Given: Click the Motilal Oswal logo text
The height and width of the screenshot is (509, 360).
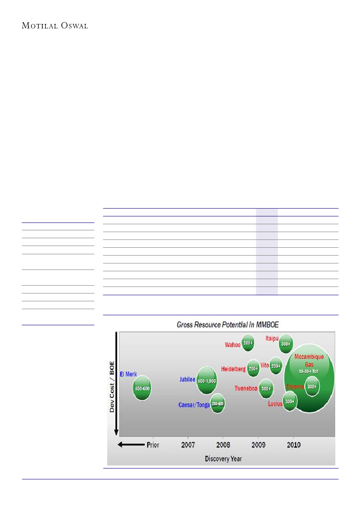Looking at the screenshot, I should (x=55, y=26).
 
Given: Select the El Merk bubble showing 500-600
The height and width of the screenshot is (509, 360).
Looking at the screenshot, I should (x=142, y=388).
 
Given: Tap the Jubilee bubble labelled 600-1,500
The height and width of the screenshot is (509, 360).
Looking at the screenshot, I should (x=207, y=380).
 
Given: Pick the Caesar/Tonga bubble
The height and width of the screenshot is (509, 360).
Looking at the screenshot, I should (x=217, y=404).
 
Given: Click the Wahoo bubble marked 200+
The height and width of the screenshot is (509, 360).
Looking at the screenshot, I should (x=248, y=343).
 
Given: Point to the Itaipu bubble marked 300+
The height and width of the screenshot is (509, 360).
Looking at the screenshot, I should (x=285, y=344).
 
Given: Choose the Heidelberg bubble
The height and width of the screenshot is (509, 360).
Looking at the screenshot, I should (x=253, y=368).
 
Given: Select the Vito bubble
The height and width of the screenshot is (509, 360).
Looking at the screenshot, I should (x=276, y=366).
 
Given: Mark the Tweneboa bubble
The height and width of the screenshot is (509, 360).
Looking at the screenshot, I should (x=266, y=388).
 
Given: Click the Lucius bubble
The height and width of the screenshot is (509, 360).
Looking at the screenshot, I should (x=290, y=401).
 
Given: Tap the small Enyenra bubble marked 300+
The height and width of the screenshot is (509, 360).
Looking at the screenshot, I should (x=312, y=386).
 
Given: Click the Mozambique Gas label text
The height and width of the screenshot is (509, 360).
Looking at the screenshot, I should (x=309, y=360).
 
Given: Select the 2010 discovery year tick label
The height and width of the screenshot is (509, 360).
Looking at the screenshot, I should (x=293, y=445).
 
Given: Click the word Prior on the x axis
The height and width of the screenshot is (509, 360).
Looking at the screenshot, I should (x=153, y=445).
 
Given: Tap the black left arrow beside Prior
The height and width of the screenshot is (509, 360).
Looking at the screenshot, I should (x=131, y=445).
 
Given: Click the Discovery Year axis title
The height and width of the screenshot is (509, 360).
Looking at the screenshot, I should (x=223, y=458).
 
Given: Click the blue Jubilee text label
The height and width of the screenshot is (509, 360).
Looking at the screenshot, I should (x=187, y=380).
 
